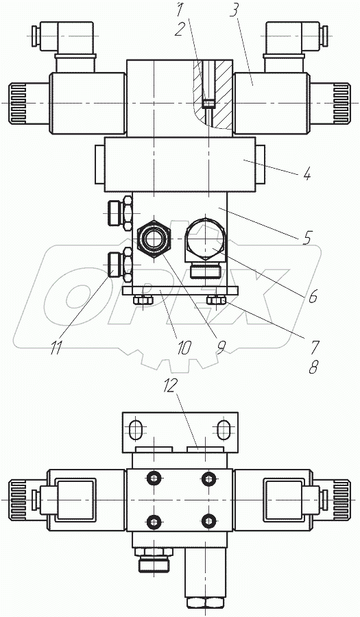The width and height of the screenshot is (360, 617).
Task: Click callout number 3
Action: click(x=233, y=12)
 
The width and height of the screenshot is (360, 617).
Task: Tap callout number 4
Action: click(x=306, y=173)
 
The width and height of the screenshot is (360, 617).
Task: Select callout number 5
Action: click(x=307, y=237)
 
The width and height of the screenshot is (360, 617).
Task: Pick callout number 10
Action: click(x=182, y=348)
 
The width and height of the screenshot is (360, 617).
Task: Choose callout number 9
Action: click(x=221, y=348)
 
